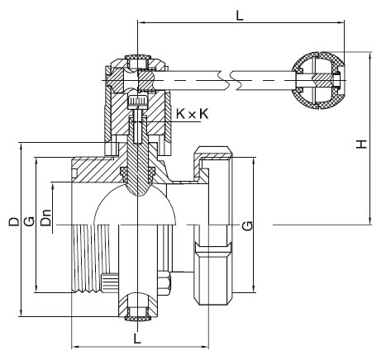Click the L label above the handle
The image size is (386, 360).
(240, 15)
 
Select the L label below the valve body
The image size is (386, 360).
(137, 339)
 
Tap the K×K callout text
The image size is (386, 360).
(193, 114)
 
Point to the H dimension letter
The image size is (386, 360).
(361, 144)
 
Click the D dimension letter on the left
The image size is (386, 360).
(14, 221)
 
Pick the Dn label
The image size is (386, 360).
(46, 218)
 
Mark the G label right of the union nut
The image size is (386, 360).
(247, 225)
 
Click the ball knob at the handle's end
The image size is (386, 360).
(317, 80)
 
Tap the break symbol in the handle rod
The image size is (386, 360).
(226, 80)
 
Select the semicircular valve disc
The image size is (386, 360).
(135, 205)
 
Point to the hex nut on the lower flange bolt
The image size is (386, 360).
(164, 283)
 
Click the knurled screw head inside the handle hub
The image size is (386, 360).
(138, 102)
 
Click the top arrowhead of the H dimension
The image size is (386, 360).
(370, 54)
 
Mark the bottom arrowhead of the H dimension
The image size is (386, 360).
(370, 221)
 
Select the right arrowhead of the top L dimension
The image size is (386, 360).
(341, 22)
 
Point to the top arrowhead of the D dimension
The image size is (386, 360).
(21, 146)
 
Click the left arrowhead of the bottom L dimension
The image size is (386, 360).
(75, 346)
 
